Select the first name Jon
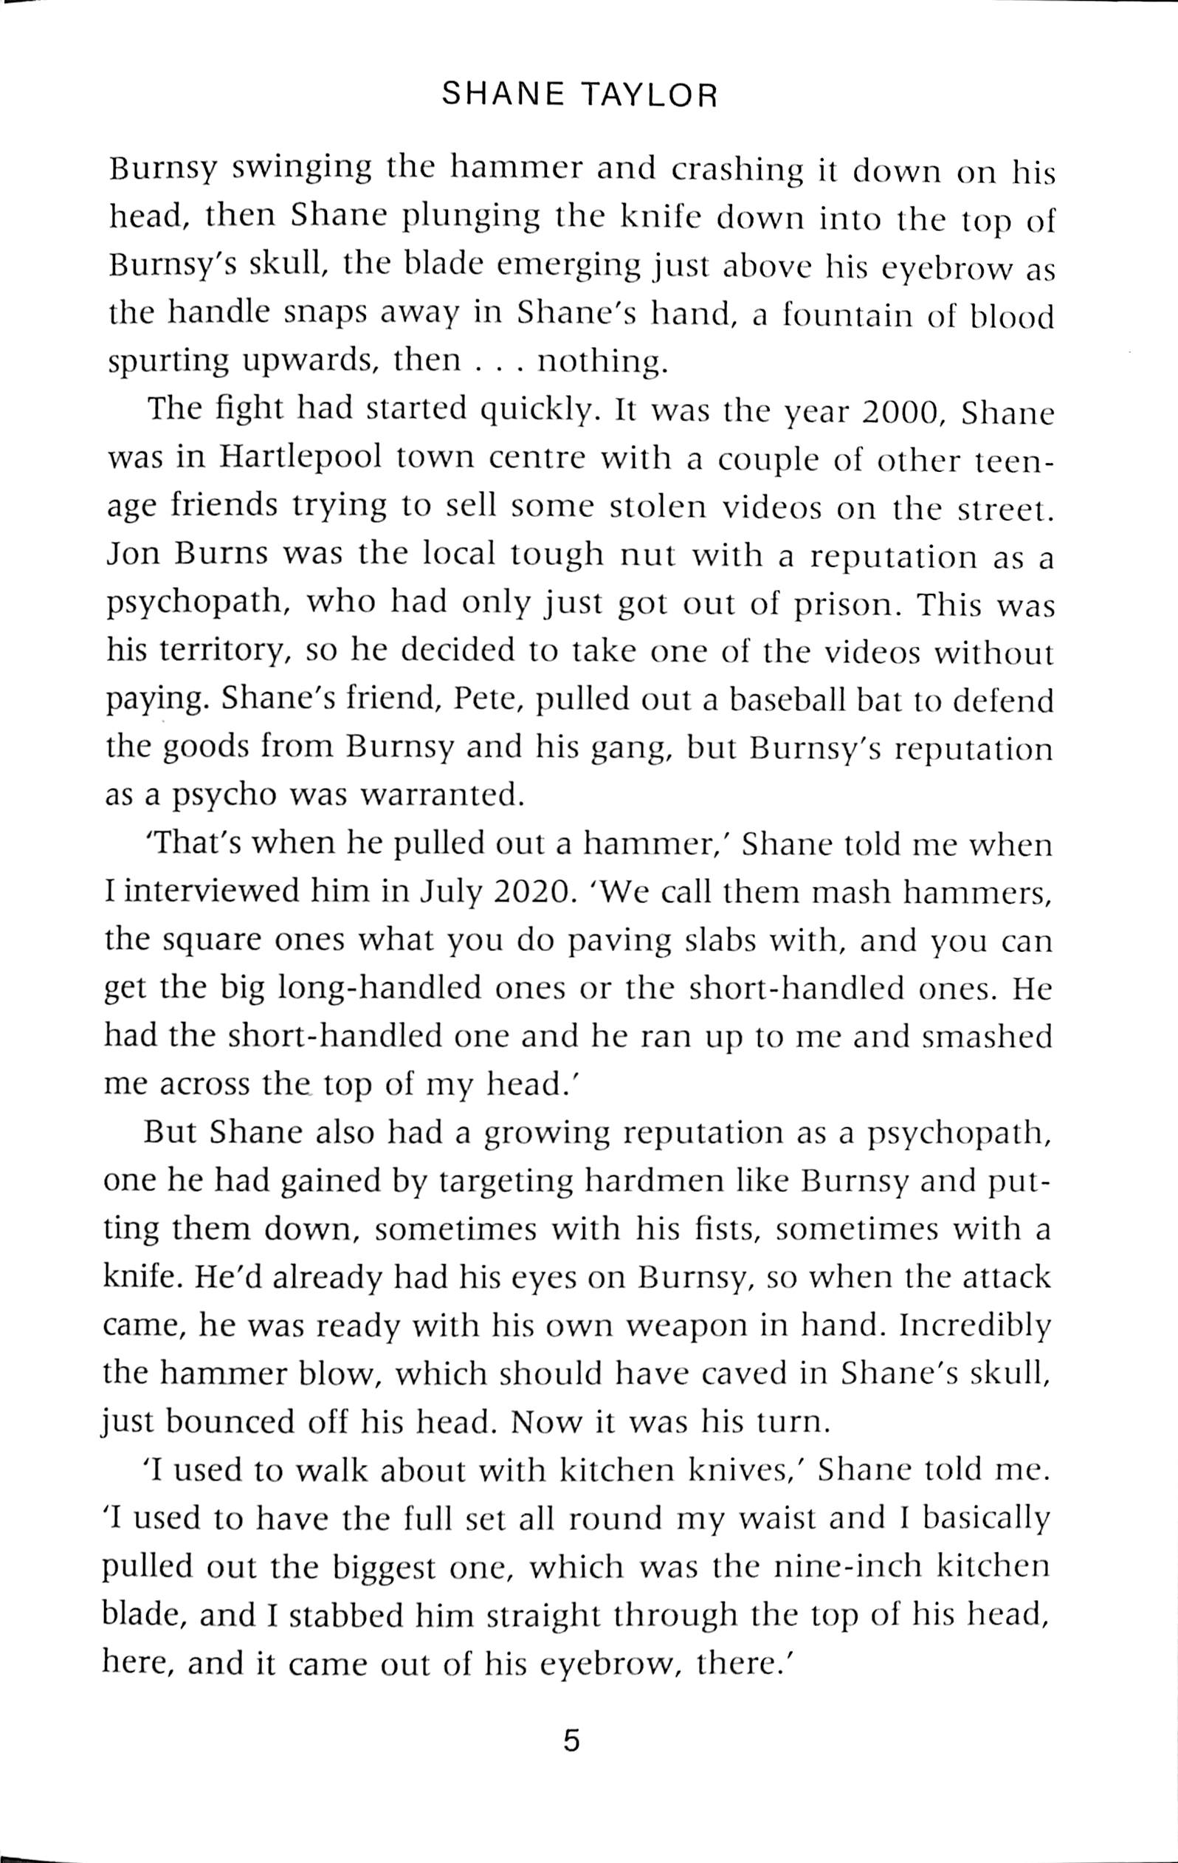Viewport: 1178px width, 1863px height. (130, 556)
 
